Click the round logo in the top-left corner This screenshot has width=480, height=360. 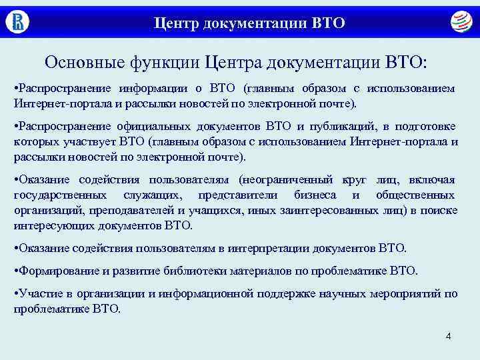point(18,22)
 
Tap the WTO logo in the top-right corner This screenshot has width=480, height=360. point(459,23)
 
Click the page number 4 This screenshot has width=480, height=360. point(448,335)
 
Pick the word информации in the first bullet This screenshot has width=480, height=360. point(155,89)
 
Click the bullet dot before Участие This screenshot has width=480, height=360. point(16,293)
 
